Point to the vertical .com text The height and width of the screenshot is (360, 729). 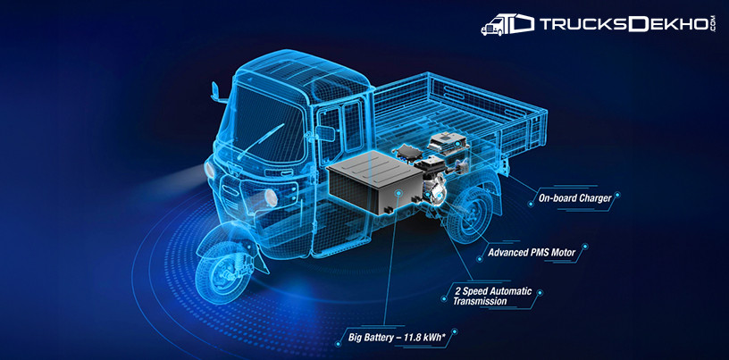pyautogui.click(x=714, y=24)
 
